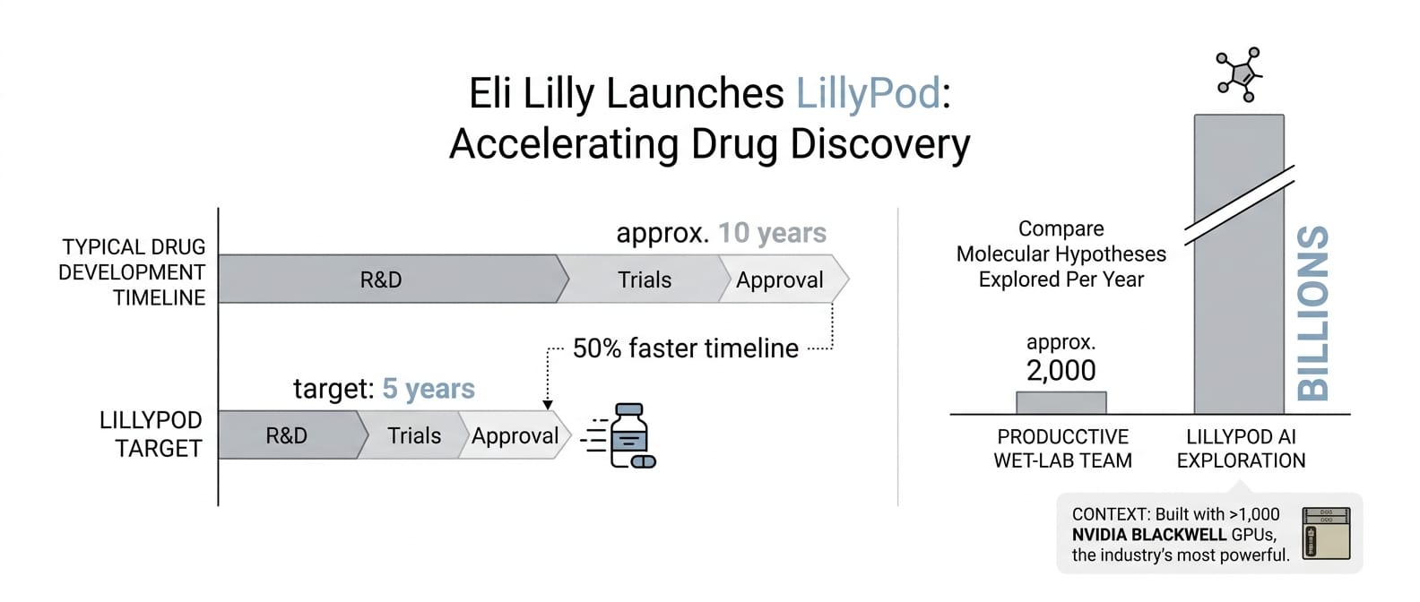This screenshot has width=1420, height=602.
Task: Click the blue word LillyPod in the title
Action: (x=868, y=94)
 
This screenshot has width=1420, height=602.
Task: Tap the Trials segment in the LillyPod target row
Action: (x=413, y=435)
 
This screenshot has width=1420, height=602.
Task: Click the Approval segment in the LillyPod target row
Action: (x=515, y=435)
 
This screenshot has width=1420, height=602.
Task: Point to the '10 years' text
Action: (x=772, y=233)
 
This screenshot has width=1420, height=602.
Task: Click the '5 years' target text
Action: (x=429, y=389)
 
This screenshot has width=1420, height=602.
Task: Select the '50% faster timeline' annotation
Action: (x=685, y=348)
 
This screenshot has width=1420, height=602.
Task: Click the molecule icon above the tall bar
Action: (x=1239, y=74)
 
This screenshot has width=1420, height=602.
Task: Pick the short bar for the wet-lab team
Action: (x=1061, y=403)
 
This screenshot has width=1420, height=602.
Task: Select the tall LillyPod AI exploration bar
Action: (x=1239, y=264)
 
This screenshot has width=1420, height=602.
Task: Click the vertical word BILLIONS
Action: (x=1312, y=314)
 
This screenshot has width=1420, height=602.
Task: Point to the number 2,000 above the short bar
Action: (x=1061, y=370)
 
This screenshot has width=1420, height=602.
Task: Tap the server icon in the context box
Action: (x=1326, y=533)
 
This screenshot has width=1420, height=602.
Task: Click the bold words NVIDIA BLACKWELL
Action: (x=1149, y=535)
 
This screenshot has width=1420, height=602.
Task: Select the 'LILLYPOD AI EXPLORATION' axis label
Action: (x=1242, y=449)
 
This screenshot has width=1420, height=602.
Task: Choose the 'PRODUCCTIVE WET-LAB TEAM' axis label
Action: (x=1062, y=449)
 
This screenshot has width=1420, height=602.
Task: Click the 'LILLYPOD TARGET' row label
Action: (x=151, y=434)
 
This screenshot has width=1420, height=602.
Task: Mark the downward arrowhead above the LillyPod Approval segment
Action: (x=548, y=405)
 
